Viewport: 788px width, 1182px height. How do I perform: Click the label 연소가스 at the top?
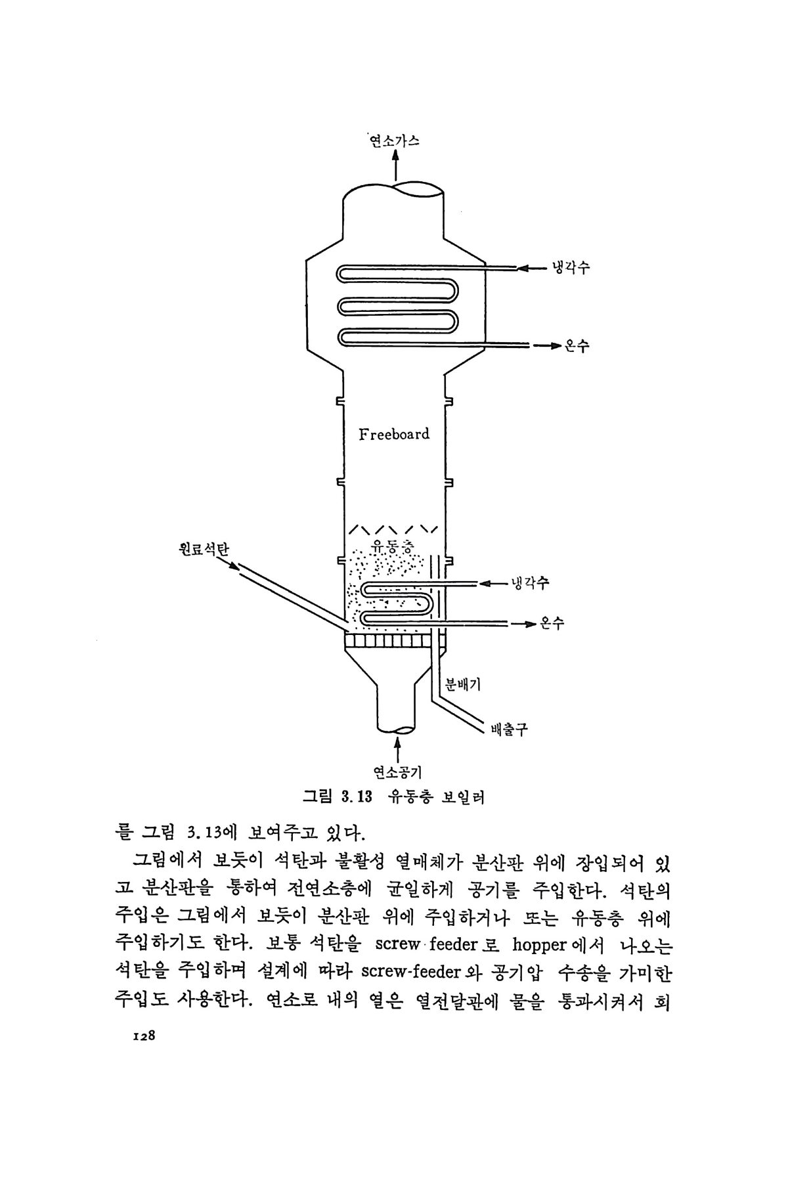pyautogui.click(x=394, y=140)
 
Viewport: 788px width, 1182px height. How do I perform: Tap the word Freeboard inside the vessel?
pyautogui.click(x=394, y=433)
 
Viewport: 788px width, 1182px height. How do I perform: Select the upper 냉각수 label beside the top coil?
pyautogui.click(x=571, y=268)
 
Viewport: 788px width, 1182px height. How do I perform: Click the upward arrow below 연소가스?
pyautogui.click(x=395, y=165)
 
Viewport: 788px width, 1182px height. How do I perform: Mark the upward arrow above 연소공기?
pyautogui.click(x=396, y=749)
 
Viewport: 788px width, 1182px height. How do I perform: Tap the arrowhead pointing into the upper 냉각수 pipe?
pyautogui.click(x=523, y=268)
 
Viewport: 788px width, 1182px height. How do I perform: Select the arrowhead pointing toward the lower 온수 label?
pyautogui.click(x=530, y=623)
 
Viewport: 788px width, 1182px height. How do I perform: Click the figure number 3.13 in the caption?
pyautogui.click(x=357, y=798)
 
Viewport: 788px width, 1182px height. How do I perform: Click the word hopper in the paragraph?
pyautogui.click(x=539, y=945)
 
